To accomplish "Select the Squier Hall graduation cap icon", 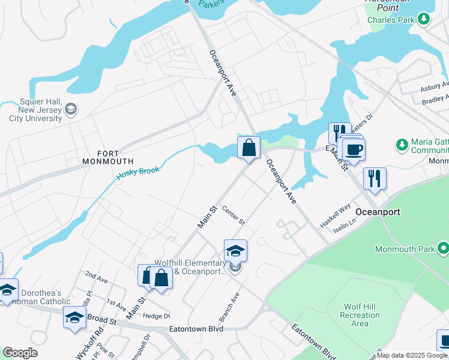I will point(71,109).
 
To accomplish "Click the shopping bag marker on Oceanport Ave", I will point(249,147).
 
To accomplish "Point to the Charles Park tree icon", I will point(424,19).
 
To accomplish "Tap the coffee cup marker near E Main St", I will point(354,149).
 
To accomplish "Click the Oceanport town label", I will point(378,212).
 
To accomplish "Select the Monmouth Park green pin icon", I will point(444,247).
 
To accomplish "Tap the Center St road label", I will point(234,215).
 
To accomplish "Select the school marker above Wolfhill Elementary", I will point(235,250).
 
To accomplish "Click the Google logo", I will point(20,353).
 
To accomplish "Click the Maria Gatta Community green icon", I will point(402,145).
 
